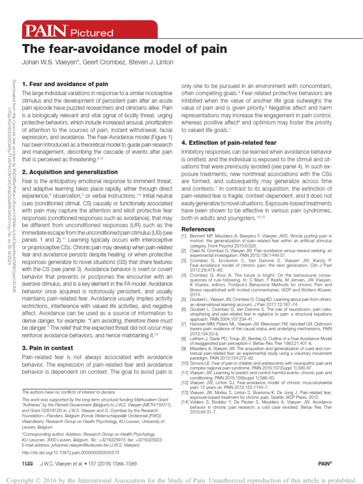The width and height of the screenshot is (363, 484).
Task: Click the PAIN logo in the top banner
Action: click(46, 31)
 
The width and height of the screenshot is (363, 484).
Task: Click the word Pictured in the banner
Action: click(92, 33)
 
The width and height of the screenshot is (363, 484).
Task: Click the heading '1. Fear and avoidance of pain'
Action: click(65, 84)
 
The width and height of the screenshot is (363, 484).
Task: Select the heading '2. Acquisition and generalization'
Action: click(70, 172)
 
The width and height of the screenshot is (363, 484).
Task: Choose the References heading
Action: click(198, 229)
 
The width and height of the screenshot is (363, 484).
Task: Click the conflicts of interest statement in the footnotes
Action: click(69, 392)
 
